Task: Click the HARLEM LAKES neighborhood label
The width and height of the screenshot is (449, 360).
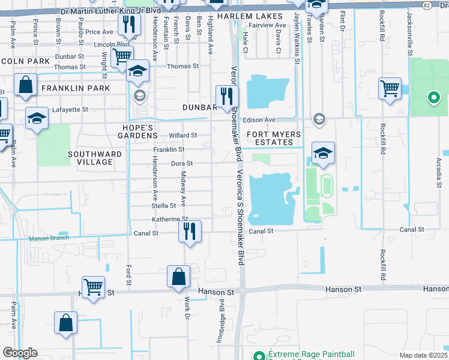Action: click(250, 16)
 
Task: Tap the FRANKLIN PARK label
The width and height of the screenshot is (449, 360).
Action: click(75, 88)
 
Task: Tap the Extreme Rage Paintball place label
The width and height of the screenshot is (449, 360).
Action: click(311, 354)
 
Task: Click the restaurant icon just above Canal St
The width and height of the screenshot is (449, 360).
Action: click(190, 231)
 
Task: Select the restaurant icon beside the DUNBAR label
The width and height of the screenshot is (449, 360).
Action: click(227, 96)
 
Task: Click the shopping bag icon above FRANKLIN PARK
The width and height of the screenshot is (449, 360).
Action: click(26, 86)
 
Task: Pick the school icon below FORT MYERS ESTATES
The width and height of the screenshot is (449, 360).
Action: click(323, 153)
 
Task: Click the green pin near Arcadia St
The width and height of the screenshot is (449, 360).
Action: click(433, 97)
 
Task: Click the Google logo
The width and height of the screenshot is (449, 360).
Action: click(20, 353)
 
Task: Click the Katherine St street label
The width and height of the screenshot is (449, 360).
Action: click(170, 220)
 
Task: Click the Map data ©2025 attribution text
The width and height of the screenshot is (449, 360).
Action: click(423, 355)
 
